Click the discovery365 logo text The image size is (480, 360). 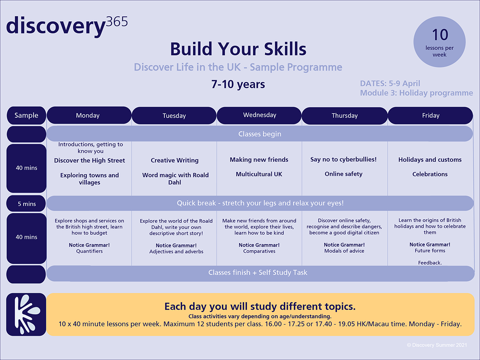pyautogui.click(x=67, y=26)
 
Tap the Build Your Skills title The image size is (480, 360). pyautogui.click(x=238, y=49)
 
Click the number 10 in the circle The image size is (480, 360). pyautogui.click(x=440, y=35)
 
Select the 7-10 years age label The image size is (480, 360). pyautogui.click(x=238, y=84)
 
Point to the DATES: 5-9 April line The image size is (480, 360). pyautogui.click(x=390, y=84)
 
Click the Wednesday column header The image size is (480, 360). pyautogui.click(x=260, y=115)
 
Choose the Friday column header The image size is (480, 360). pyautogui.click(x=430, y=116)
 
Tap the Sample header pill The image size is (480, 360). pyautogui.click(x=26, y=116)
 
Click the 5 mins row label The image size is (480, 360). pyautogui.click(x=27, y=204)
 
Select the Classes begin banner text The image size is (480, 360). pyautogui.click(x=260, y=134)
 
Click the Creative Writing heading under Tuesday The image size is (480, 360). pyautogui.click(x=174, y=160)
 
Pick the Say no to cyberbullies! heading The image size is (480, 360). pyautogui.click(x=343, y=160)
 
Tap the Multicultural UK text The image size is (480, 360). pyautogui.click(x=259, y=174)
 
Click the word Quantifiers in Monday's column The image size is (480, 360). pyautogui.click(x=89, y=251)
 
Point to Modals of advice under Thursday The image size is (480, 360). pyautogui.click(x=344, y=251)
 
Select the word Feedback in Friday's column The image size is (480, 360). pyautogui.click(x=429, y=263)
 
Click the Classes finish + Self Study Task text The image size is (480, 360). pyautogui.click(x=258, y=272)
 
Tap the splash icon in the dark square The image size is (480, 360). pyautogui.click(x=27, y=314)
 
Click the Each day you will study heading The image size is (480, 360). pyautogui.click(x=260, y=306)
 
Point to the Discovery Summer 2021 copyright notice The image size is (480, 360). pyautogui.click(x=437, y=345)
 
